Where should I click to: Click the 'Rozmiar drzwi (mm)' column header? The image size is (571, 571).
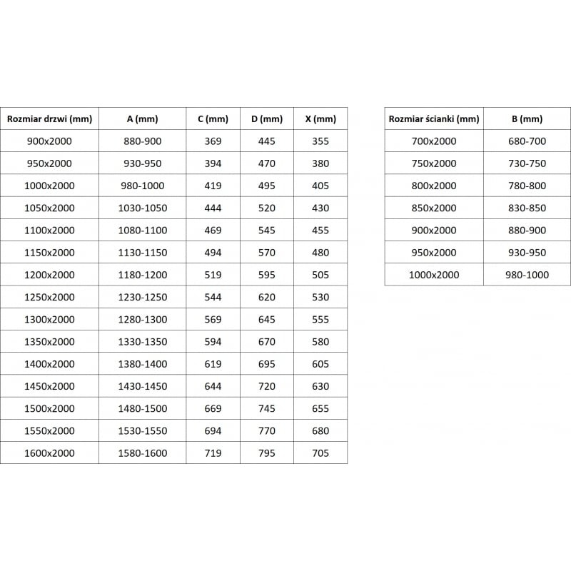[49, 119]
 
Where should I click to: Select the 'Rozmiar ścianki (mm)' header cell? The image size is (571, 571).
[434, 119]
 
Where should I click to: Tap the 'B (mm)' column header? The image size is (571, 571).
[527, 119]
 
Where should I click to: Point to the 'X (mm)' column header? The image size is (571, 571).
[320, 119]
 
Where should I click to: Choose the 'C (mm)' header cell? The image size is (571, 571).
[213, 119]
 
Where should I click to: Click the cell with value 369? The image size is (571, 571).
[213, 141]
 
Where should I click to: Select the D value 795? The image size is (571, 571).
[266, 453]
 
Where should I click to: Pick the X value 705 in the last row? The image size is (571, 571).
[320, 453]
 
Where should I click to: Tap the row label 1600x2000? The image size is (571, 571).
[49, 453]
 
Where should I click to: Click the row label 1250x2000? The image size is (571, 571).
[49, 297]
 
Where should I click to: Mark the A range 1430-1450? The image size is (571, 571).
[143, 387]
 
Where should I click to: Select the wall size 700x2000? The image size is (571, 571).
[434, 141]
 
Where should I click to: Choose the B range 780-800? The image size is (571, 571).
[527, 186]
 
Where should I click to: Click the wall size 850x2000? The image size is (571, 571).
[434, 208]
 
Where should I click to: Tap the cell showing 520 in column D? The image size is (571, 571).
[266, 208]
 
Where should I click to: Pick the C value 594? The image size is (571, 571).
[213, 342]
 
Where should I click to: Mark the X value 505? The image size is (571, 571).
[320, 275]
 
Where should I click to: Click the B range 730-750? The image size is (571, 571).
[527, 163]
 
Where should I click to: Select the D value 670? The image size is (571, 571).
[266, 342]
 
